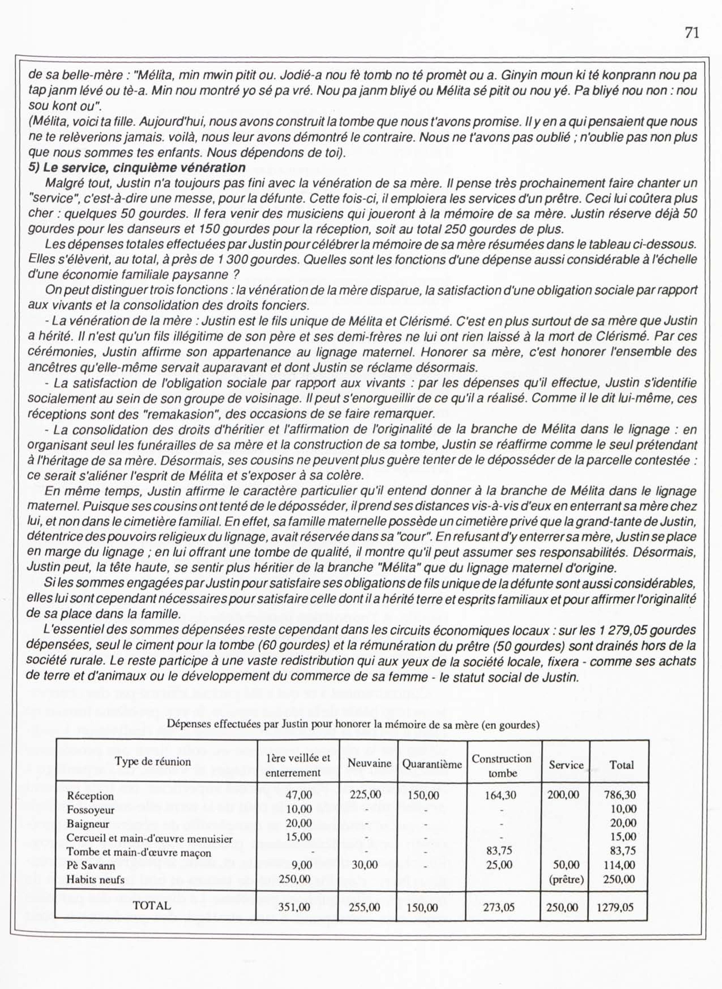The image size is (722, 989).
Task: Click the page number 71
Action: pyautogui.click(x=692, y=33)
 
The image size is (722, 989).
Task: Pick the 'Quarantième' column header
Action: pyautogui.click(x=432, y=764)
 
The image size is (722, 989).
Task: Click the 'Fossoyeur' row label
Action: pyautogui.click(x=91, y=810)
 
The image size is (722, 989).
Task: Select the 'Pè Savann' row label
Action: pyautogui.click(x=91, y=865)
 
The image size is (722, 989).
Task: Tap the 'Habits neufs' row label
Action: pyautogui.click(x=95, y=879)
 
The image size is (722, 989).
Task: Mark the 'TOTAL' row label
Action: pyautogui.click(x=152, y=906)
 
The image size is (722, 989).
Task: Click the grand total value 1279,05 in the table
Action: pyautogui.click(x=615, y=907)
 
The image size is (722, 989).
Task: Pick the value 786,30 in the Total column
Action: pyautogui.click(x=620, y=795)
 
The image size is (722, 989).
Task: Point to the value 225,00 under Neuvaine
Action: pyautogui.click(x=365, y=795)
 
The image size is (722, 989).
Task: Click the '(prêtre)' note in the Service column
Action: pyautogui.click(x=566, y=880)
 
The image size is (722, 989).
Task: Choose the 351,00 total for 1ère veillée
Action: pyautogui.click(x=294, y=907)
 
